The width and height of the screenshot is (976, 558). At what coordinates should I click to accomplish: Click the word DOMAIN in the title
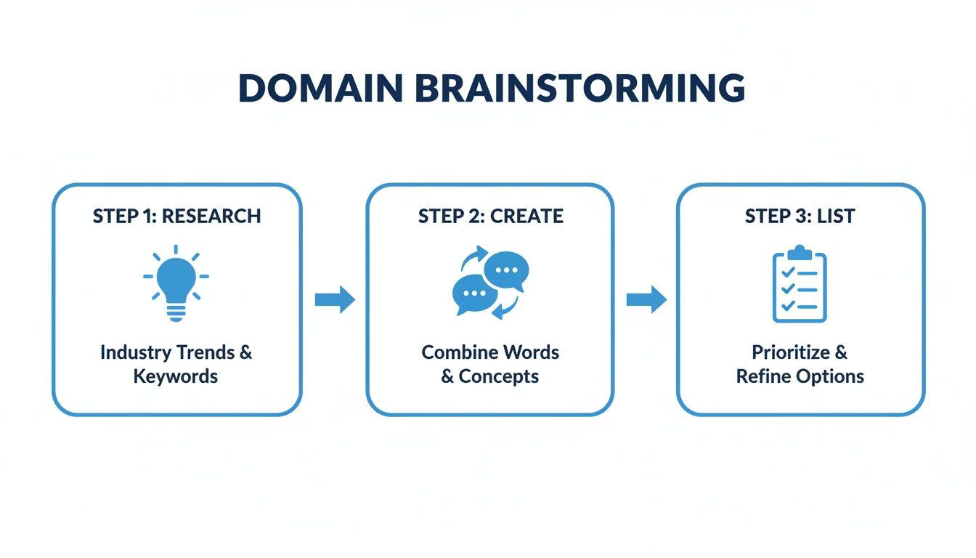coord(320,88)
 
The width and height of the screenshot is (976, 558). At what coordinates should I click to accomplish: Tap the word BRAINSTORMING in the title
coord(576,88)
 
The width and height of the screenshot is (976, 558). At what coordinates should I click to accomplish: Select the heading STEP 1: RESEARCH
coord(176,216)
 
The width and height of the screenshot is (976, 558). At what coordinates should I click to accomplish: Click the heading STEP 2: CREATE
coord(490,216)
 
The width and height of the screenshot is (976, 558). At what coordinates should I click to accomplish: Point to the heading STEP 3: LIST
coord(800,216)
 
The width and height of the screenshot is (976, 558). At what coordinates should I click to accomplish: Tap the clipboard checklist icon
coord(800,285)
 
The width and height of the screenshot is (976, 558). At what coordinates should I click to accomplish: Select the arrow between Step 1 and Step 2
coord(335,299)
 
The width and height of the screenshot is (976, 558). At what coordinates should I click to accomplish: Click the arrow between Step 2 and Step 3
coord(646,299)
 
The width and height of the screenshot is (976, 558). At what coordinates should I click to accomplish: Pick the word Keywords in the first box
coord(176,376)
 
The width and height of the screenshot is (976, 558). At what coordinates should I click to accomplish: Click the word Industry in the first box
coord(137,352)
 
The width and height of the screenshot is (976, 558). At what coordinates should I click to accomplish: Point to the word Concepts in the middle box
coord(499,376)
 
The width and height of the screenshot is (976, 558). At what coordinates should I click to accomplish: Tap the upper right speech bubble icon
coord(506,272)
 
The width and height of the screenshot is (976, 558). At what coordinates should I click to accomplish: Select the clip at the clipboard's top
coord(800,252)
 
